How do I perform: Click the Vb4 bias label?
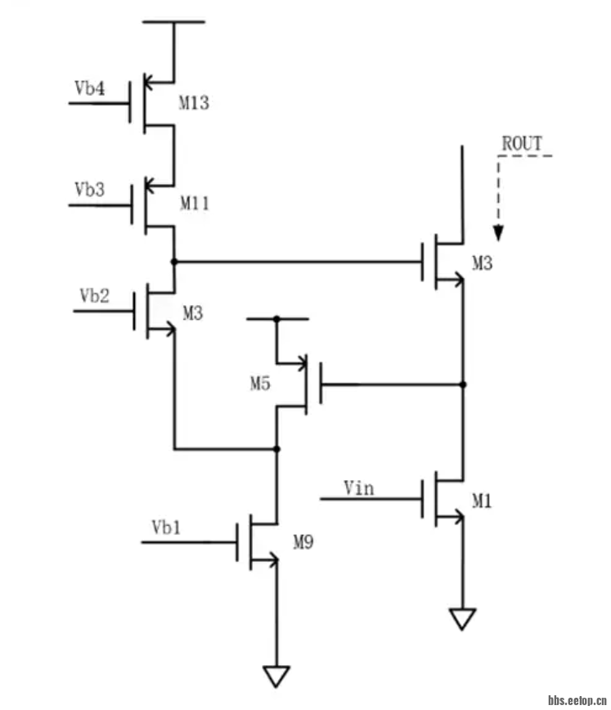[x=90, y=88]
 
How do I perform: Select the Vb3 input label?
[x=89, y=190]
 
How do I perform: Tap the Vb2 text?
[x=94, y=296]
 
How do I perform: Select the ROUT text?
[x=522, y=143]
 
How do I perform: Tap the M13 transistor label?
[x=194, y=103]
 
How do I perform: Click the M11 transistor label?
[x=194, y=204]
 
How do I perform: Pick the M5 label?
[x=260, y=383]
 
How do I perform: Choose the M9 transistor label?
[x=304, y=541]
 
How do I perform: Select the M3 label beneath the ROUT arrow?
[x=483, y=263]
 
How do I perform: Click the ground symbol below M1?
[x=462, y=619]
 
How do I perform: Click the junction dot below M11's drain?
[x=174, y=262]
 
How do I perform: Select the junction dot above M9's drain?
[x=276, y=449]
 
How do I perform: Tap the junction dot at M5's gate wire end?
[x=462, y=384]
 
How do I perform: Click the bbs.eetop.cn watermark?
[x=577, y=701]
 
